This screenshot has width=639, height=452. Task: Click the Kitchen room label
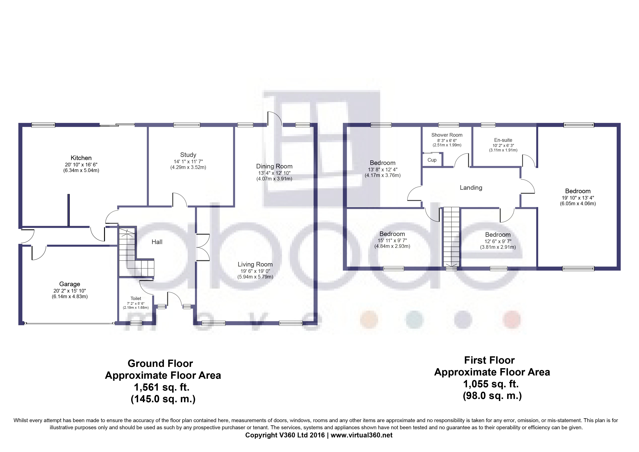pyautogui.click(x=81, y=158)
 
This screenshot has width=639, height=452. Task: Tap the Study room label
pyautogui.click(x=188, y=155)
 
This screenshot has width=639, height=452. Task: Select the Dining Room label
pyautogui.click(x=274, y=166)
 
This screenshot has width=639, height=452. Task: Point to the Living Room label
pyautogui.click(x=255, y=264)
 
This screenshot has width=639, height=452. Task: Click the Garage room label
pyautogui.click(x=70, y=284)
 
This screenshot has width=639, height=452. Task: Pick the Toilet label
pyautogui.click(x=136, y=298)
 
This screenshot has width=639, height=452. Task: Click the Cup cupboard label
pyautogui.click(x=432, y=160)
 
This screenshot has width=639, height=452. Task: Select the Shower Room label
pyautogui.click(x=447, y=135)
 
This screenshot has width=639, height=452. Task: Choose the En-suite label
pyautogui.click(x=503, y=140)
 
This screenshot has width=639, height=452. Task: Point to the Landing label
pyautogui.click(x=471, y=188)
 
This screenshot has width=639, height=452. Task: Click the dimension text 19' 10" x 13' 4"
pyautogui.click(x=578, y=198)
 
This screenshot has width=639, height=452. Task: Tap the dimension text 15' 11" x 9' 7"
pyautogui.click(x=392, y=240)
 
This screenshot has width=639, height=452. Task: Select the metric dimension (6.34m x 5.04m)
pyautogui.click(x=81, y=170)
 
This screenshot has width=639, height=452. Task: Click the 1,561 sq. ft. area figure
pyautogui.click(x=162, y=387)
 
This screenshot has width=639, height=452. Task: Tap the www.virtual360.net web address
pyautogui.click(x=361, y=435)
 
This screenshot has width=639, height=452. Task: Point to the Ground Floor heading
pyautogui.click(x=160, y=363)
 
